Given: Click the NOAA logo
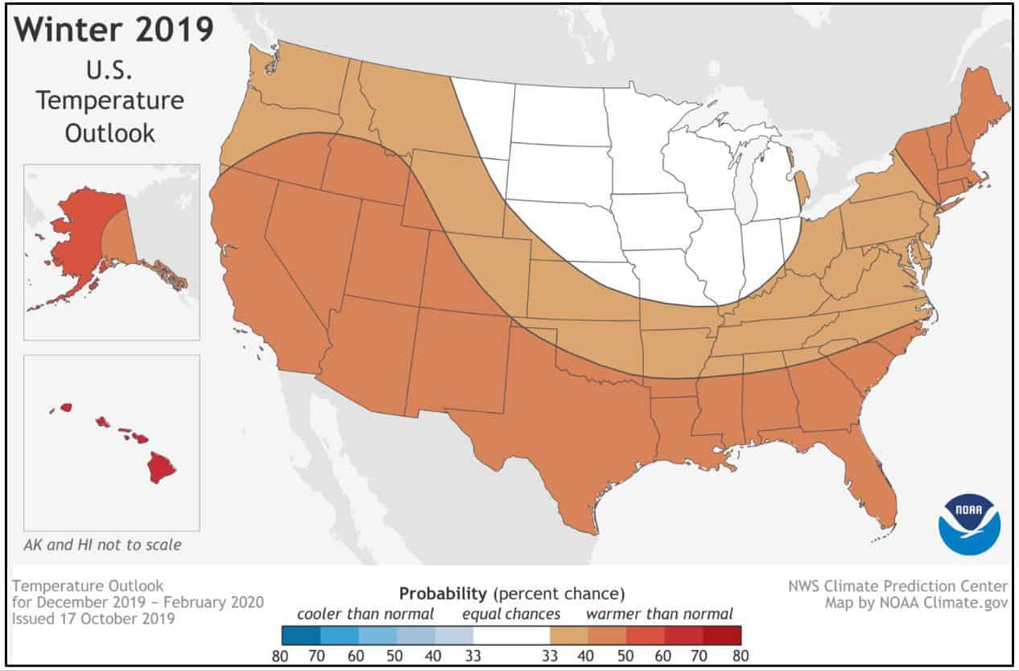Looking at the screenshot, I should (x=969, y=525).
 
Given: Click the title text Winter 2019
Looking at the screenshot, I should (x=114, y=30).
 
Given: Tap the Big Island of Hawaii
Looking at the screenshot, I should (x=163, y=465).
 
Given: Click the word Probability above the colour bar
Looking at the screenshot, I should (x=442, y=594).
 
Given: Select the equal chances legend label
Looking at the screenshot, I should (x=510, y=614).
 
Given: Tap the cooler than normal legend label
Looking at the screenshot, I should (x=365, y=614).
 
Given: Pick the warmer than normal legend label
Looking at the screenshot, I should (x=659, y=614).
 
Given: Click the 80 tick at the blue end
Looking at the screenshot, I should (x=280, y=654).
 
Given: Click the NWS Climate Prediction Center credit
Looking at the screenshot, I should (x=897, y=586).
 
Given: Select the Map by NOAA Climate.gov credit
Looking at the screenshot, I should (x=915, y=603).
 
